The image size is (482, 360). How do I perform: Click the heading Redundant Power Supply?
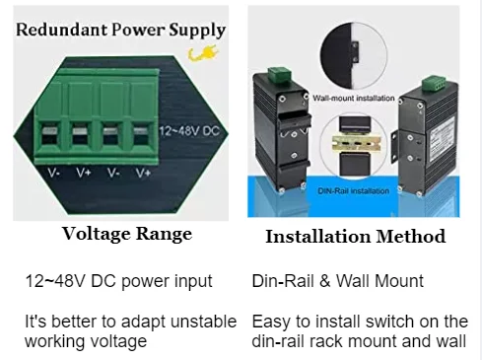coord(120,30)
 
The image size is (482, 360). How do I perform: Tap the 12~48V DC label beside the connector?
coord(189,131)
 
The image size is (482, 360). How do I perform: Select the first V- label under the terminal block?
coord(53,173)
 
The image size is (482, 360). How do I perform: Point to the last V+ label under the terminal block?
coord(143,173)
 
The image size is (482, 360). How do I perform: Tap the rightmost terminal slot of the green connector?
coord(142,135)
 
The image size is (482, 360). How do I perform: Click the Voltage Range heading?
coord(127,234)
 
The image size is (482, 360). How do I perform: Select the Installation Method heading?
coord(356,237)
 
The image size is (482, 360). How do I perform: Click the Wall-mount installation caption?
coord(354,98)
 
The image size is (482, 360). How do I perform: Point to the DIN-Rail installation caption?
coord(354,191)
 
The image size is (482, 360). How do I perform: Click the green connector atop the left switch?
coord(279,75)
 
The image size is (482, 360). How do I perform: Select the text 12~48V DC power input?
coord(118,281)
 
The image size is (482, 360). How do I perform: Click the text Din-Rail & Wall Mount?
coord(338,281)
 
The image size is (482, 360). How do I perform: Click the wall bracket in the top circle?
coord(355,52)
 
